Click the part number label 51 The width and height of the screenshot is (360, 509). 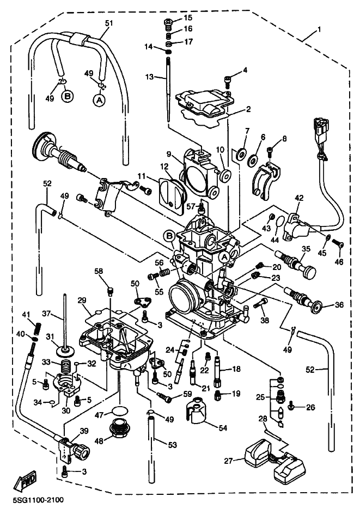tap(108, 23)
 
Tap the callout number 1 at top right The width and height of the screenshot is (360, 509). tap(320, 30)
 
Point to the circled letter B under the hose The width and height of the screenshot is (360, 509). tap(68, 96)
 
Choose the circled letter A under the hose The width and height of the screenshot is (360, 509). tap(100, 100)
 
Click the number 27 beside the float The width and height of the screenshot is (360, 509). tap(229, 461)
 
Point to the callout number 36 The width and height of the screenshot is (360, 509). tap(339, 305)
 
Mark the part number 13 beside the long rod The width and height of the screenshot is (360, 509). tap(149, 77)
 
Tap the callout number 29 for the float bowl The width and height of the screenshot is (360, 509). tap(82, 301)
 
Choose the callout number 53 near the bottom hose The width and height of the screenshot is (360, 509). tap(173, 445)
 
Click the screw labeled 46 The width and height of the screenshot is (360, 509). tap(337, 243)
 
